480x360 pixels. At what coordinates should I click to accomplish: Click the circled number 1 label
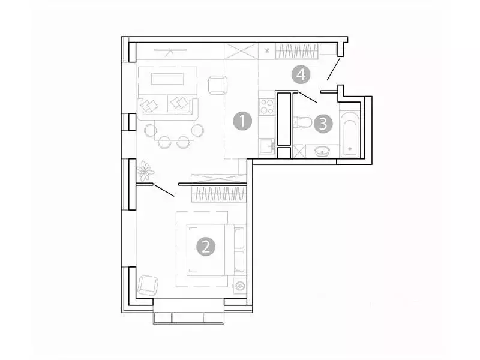[242, 122]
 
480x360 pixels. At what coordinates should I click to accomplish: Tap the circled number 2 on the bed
[206, 247]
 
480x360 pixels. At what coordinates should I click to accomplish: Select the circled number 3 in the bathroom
[323, 125]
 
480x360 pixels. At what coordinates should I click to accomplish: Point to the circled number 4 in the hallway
[301, 75]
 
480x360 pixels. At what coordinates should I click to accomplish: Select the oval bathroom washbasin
[323, 151]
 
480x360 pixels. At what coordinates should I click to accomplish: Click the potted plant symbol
[145, 171]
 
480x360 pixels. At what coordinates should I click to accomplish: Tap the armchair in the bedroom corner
[148, 285]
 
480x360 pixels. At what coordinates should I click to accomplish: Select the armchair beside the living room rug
[217, 85]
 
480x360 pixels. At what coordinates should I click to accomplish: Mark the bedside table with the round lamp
[240, 286]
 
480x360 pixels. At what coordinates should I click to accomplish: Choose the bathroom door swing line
[308, 97]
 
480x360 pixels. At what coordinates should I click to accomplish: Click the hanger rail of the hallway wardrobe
[298, 51]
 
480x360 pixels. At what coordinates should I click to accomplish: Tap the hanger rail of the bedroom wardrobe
[218, 194]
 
